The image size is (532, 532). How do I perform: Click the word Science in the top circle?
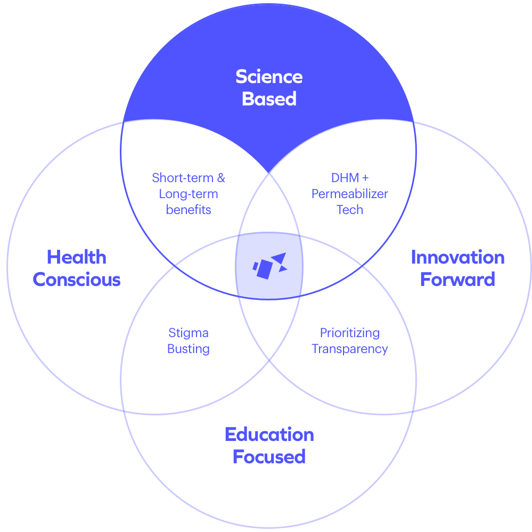pyautogui.click(x=269, y=77)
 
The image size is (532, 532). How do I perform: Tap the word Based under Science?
pyautogui.click(x=269, y=99)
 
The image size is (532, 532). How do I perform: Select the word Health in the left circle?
pyautogui.click(x=77, y=258)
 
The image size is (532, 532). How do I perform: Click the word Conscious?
pyautogui.click(x=77, y=280)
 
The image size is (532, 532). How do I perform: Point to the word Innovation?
pyautogui.click(x=457, y=258)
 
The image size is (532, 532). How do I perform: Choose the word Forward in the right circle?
pyautogui.click(x=457, y=280)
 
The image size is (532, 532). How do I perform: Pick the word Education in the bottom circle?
pyautogui.click(x=269, y=435)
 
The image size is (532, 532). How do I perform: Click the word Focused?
pyautogui.click(x=269, y=457)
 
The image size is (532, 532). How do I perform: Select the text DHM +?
pyautogui.click(x=350, y=177)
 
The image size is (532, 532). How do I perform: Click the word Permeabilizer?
pyautogui.click(x=350, y=193)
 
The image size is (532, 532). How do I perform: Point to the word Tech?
pyautogui.click(x=350, y=209)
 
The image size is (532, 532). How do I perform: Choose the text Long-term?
pyautogui.click(x=189, y=193)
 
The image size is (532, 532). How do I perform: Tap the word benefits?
pyautogui.click(x=189, y=209)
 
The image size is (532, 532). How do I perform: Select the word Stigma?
pyautogui.click(x=189, y=333)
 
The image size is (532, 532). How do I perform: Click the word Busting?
pyautogui.click(x=189, y=349)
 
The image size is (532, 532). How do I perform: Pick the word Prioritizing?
pyautogui.click(x=350, y=333)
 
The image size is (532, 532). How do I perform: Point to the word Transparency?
pyautogui.click(x=350, y=349)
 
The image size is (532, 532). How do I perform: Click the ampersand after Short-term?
pyautogui.click(x=221, y=177)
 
